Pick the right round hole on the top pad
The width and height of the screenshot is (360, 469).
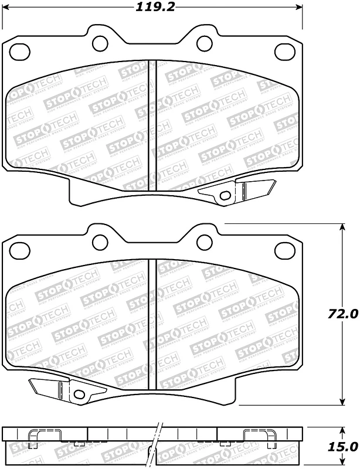tap(204, 42)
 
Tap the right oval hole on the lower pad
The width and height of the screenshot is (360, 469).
tap(286, 250)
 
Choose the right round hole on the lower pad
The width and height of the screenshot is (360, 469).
tap(204, 241)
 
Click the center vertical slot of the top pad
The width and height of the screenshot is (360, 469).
tap(152, 126)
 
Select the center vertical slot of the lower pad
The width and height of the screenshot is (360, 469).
tap(152, 325)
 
